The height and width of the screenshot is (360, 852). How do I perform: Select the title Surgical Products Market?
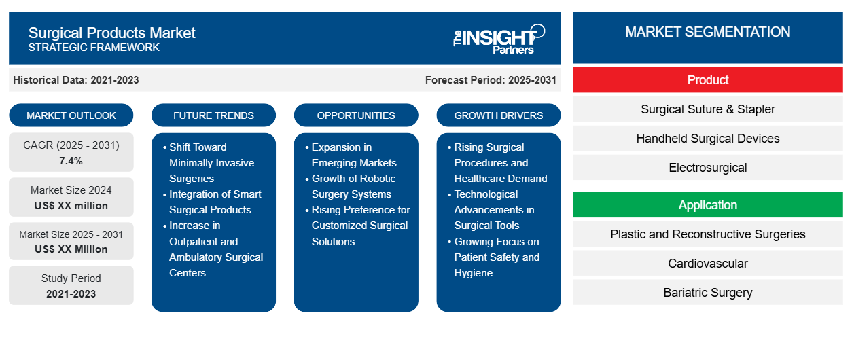pos(111,32)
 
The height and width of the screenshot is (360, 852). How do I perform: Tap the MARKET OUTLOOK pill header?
pos(71,115)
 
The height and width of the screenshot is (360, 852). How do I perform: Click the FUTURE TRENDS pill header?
pos(213,115)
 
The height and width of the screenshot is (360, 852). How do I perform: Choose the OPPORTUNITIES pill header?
pos(356,115)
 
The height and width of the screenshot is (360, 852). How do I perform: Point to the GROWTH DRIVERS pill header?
pos(499,115)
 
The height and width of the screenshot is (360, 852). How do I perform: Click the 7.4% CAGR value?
pos(71,161)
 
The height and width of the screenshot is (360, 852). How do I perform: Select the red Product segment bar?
pos(707,80)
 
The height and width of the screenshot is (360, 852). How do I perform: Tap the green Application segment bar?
pos(707,205)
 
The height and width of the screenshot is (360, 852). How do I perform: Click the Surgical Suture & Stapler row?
pos(707,109)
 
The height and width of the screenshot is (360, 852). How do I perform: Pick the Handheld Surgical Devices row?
pos(707,139)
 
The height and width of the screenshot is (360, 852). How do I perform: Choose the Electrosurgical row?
pos(707,168)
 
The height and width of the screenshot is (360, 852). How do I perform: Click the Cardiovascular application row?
pos(707,264)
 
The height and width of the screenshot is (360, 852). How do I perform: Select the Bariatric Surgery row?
pos(707,293)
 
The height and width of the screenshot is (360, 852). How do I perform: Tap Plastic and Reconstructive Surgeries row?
pos(707,234)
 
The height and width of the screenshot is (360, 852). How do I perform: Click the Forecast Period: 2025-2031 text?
pos(491,80)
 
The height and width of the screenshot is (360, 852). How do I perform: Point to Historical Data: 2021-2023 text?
pos(76,80)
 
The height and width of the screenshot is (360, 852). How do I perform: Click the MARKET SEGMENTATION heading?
pos(707,32)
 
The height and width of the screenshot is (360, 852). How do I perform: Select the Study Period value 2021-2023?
pos(71,294)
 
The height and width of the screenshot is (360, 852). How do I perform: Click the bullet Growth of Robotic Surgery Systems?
pos(353,186)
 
